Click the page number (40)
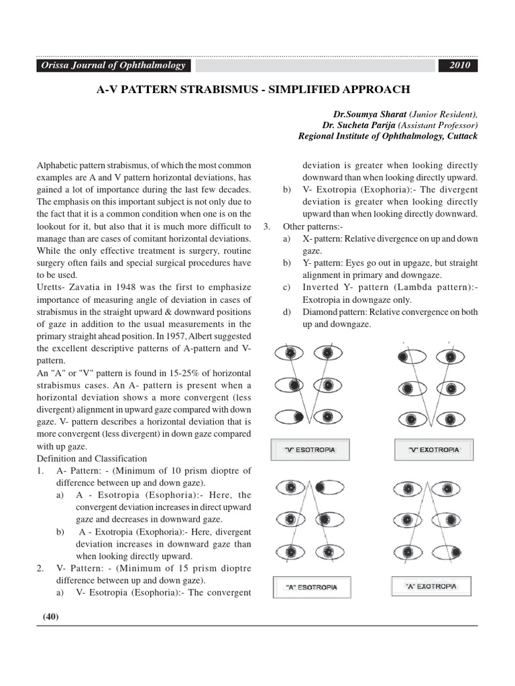click(x=51, y=617)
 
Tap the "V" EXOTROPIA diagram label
click(x=434, y=450)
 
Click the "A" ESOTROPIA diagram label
click(x=312, y=587)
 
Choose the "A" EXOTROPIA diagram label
click(x=431, y=586)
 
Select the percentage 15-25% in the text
click(x=145, y=373)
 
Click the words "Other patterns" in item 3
click(x=311, y=226)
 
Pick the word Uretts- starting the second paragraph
click(x=52, y=287)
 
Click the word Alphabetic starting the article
click(x=57, y=165)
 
